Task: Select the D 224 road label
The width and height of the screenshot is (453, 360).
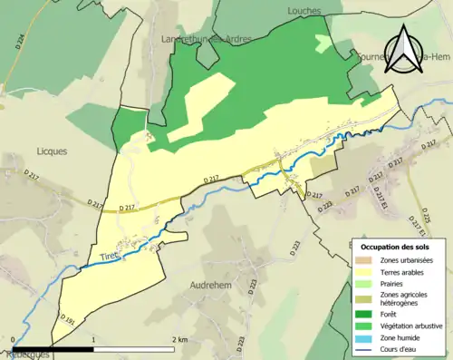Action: [21, 41]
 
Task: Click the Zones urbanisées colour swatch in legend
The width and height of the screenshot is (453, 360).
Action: [364, 260]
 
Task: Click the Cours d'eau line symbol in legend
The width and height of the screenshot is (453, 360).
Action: [364, 348]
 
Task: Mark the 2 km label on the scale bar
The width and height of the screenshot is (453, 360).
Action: [178, 339]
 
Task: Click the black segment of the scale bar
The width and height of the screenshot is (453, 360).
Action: [53, 347]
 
